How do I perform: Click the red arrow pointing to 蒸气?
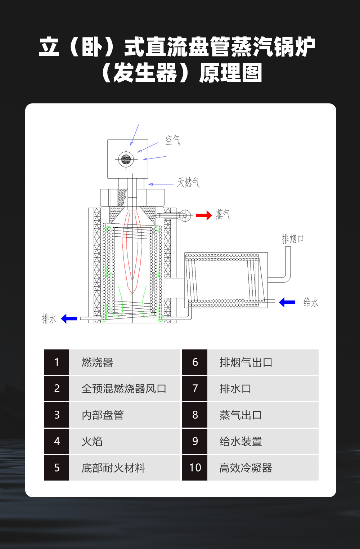click(204, 215)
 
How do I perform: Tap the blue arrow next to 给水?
click(287, 302)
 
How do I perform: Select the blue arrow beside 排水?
click(69, 319)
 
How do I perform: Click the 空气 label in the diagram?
click(173, 140)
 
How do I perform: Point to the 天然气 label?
click(188, 183)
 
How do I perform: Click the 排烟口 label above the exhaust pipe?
click(292, 238)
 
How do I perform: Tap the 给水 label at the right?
click(311, 302)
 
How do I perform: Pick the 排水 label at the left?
click(49, 319)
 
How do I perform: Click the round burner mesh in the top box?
click(126, 159)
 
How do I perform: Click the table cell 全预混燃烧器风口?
click(124, 389)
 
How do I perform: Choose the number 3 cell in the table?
click(57, 415)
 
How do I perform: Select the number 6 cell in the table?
click(195, 362)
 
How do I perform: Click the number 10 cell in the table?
click(195, 468)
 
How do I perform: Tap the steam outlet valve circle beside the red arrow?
click(185, 216)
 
